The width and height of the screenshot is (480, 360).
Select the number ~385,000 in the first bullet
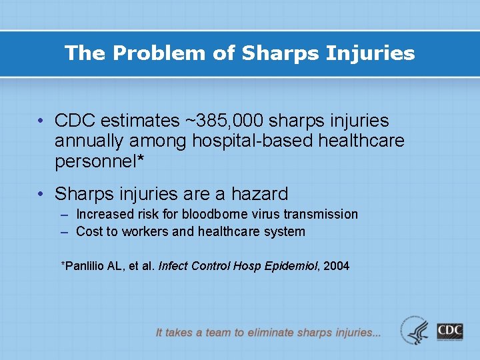click(x=221, y=121)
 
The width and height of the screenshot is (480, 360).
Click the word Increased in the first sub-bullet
click(x=105, y=214)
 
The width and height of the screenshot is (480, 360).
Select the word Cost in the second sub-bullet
click(x=89, y=232)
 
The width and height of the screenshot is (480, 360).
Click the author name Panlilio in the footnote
click(x=84, y=266)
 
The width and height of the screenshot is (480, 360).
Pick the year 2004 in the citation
click(x=336, y=266)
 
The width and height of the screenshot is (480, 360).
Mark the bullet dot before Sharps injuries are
click(x=41, y=195)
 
